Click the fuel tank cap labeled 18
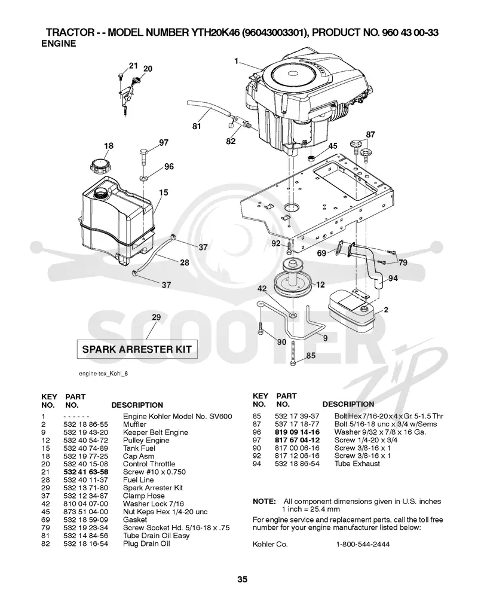coord(100,166)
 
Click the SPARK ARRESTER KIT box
coord(137,349)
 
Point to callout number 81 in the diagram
coord(197,126)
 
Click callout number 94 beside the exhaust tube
coord(393,278)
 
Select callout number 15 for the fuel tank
coord(164,193)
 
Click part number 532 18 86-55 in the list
coord(85,424)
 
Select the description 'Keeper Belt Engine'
coord(155,432)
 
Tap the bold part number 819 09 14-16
coord(297,432)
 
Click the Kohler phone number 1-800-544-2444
coord(363,544)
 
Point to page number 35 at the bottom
coord(243,579)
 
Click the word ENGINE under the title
coord(59,44)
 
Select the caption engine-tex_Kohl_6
coord(103,374)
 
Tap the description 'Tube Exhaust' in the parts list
coord(357,463)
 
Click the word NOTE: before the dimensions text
coord(264,501)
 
